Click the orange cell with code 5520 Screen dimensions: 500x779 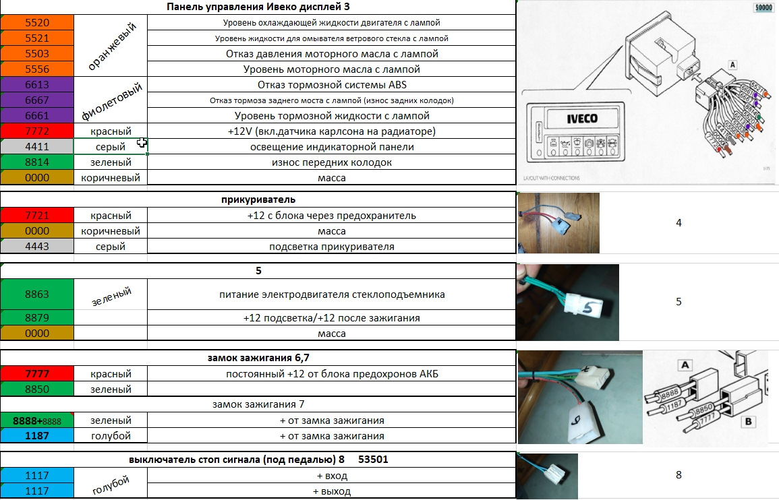[x=36, y=22]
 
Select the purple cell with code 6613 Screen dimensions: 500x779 [x=36, y=85]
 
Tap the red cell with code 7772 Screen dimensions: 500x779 [x=36, y=131]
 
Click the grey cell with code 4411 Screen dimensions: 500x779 [x=36, y=146]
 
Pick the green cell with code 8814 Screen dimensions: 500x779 [x=36, y=162]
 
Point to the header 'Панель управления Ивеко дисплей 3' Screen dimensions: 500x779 [x=258, y=7]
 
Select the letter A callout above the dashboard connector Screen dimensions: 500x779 [x=732, y=65]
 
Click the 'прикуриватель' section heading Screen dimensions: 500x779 [x=258, y=199]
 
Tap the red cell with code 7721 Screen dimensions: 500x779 [x=36, y=216]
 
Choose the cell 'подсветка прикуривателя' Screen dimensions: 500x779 [x=331, y=247]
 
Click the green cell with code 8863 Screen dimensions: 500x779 [x=36, y=294]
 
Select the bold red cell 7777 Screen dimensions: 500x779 [x=36, y=374]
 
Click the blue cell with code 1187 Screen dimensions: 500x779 [x=36, y=436]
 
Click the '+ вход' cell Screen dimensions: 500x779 [x=331, y=476]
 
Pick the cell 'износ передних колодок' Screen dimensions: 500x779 [x=331, y=162]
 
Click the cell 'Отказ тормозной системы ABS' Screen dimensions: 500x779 [x=331, y=85]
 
